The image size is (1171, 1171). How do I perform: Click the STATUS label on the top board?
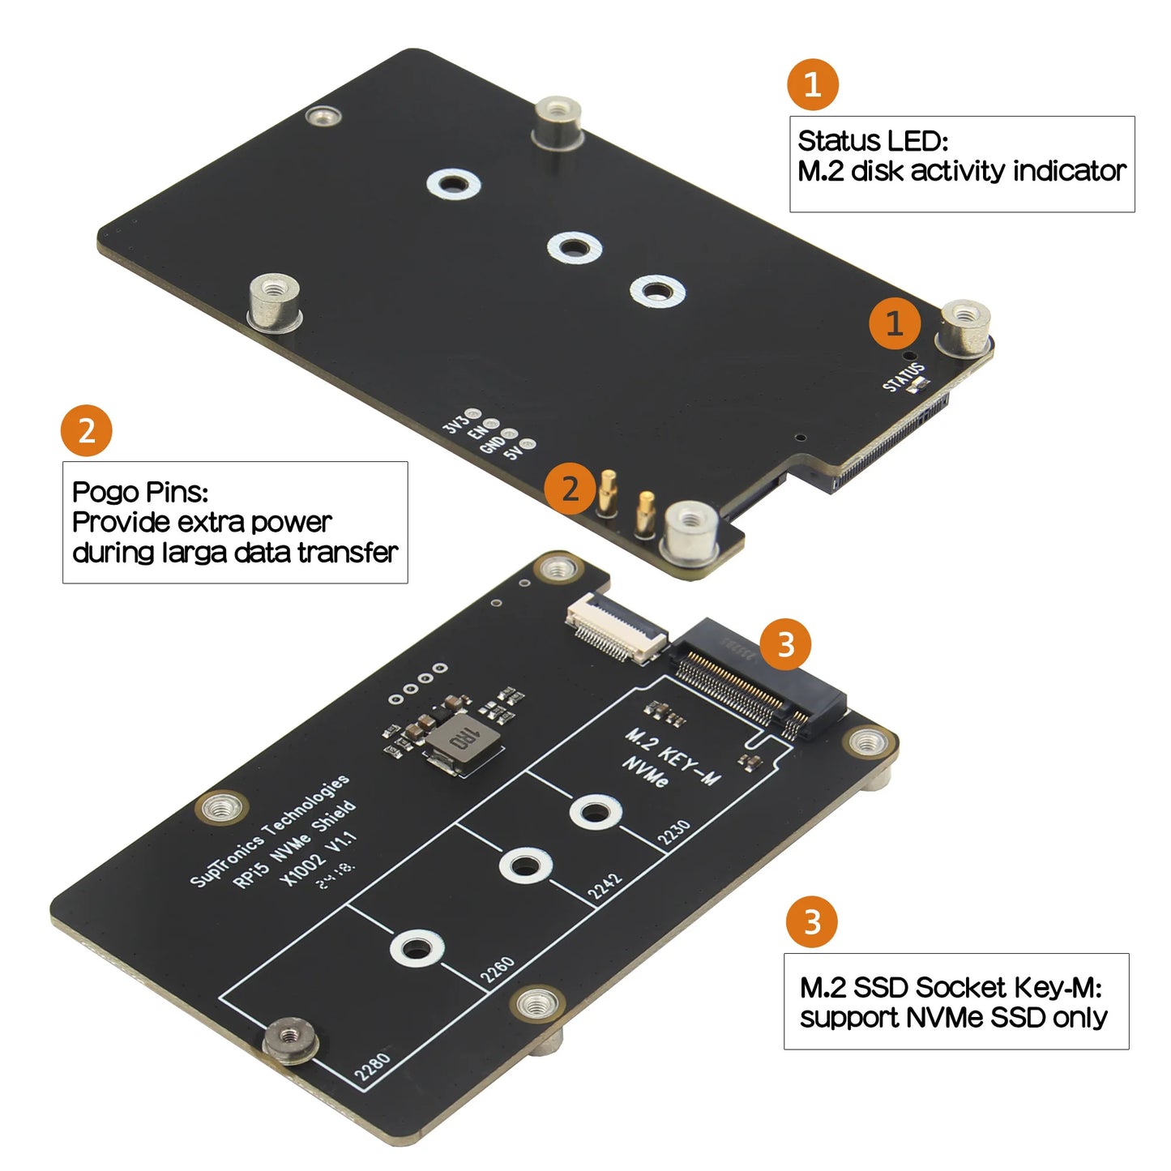(x=904, y=377)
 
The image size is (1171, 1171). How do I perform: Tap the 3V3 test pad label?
(x=455, y=422)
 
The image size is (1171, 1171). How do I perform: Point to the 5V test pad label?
(x=514, y=452)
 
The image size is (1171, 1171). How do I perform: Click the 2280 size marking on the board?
(x=373, y=1066)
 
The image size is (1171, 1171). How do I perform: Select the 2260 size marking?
(x=498, y=969)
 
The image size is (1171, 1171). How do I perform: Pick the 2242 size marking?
(x=605, y=886)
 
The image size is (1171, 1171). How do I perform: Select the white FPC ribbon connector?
(x=616, y=626)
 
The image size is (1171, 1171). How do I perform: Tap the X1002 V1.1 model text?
(x=318, y=858)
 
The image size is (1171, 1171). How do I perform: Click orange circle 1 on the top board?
(x=895, y=323)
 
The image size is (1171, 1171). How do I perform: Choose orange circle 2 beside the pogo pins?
(x=571, y=489)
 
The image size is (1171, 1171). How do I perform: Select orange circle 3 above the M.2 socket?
(x=785, y=645)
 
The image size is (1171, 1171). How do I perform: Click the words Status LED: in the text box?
(x=873, y=141)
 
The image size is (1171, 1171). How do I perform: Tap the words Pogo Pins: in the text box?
(x=140, y=492)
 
